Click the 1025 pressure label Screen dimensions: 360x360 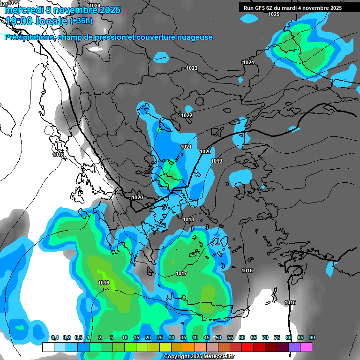pos(274,15)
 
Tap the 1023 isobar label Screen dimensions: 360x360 pos(192,68)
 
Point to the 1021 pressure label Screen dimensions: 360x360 pos(186,147)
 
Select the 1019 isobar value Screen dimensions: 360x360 pos(217,161)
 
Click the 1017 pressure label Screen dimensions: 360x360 pos(182,274)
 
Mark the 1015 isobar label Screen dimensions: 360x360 pos(290,303)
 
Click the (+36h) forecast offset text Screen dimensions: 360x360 pos(81,21)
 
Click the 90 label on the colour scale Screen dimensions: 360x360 pos(312,338)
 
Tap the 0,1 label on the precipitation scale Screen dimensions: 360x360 pos(55,338)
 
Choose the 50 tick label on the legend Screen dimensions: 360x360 pos(218,338)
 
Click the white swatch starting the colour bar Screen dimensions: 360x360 pos(48,347)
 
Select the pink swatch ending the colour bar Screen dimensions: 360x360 pos(306,347)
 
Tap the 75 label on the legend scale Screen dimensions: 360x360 pos(277,338)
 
